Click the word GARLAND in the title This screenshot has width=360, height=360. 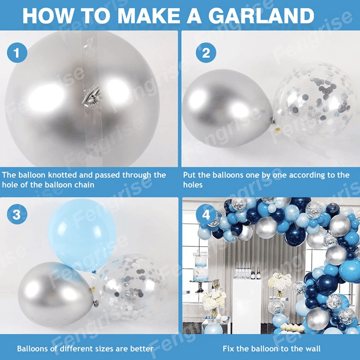pyautogui.click(x=261, y=16)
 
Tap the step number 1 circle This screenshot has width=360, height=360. pyautogui.click(x=17, y=53)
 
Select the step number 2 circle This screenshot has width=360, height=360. pyautogui.click(x=206, y=53)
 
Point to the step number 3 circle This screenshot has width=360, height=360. pyautogui.click(x=17, y=214)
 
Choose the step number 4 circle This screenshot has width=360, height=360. pyautogui.click(x=206, y=214)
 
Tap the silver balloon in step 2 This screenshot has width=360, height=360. pyautogui.click(x=228, y=108)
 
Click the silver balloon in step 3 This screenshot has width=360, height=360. pyautogui.click(x=56, y=295)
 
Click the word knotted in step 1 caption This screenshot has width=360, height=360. pyautogui.click(x=62, y=175)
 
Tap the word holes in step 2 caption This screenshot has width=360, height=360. pyautogui.click(x=193, y=185)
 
